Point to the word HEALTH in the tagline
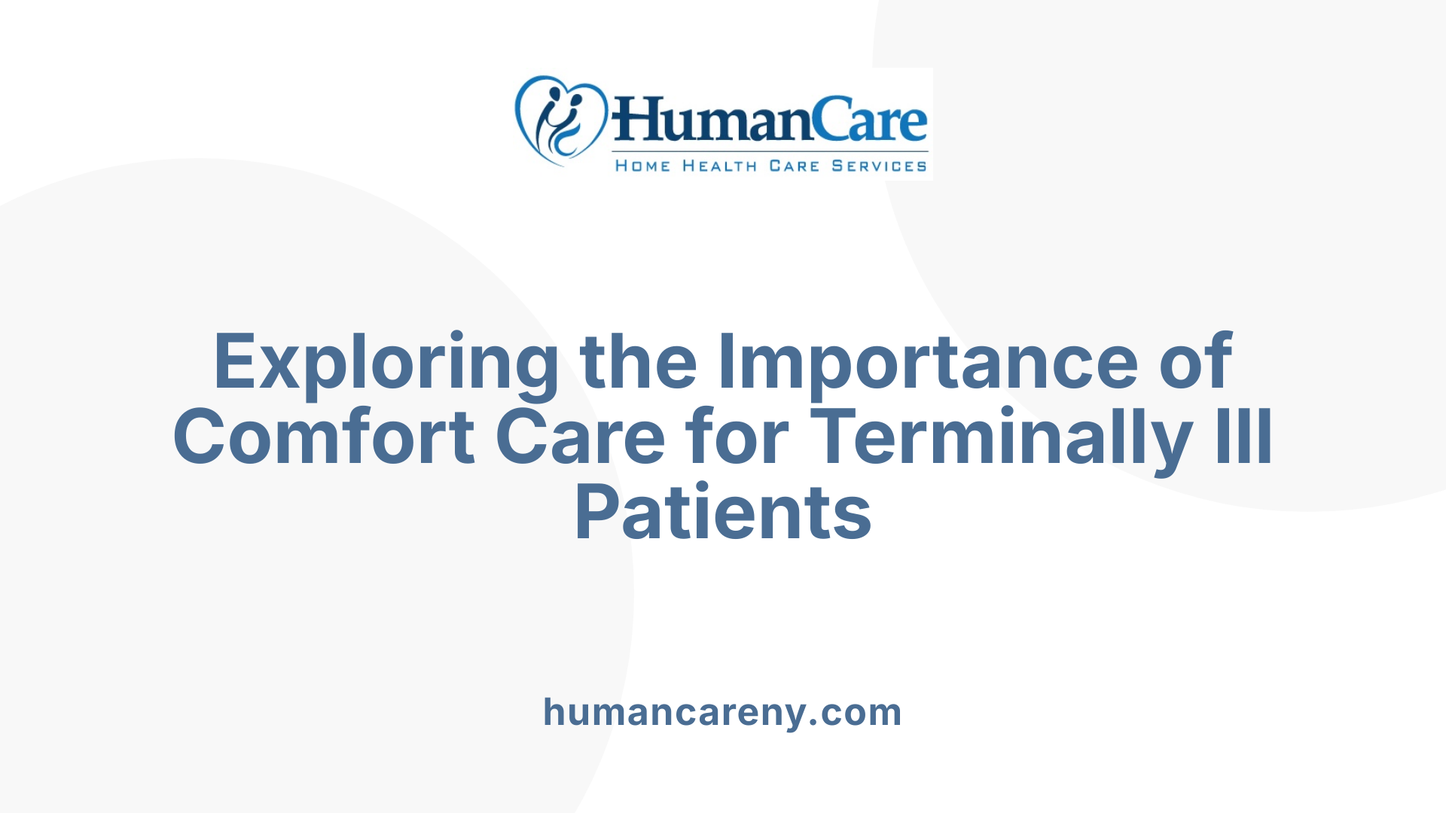tap(719, 166)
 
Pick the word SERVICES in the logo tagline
tap(879, 166)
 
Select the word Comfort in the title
tap(324, 437)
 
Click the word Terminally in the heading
tap(1002, 437)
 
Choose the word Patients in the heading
tap(723, 513)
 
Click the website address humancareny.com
tap(722, 712)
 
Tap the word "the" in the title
tap(639, 363)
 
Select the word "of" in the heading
tap(1195, 363)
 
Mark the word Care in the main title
tap(580, 437)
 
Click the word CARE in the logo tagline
tap(794, 166)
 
